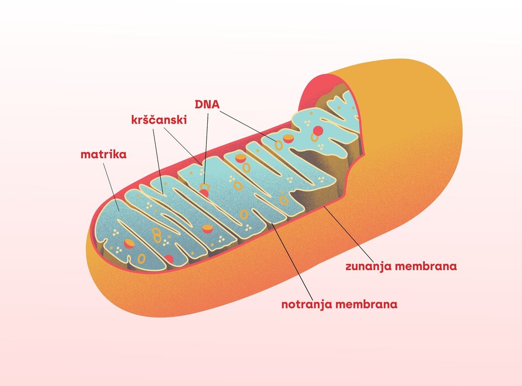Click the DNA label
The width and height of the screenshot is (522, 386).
(207, 104)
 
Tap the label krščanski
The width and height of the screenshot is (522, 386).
(159, 120)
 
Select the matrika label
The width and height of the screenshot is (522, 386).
(103, 154)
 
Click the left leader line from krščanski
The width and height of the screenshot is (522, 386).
(157, 160)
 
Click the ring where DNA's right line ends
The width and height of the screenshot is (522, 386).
(279, 145)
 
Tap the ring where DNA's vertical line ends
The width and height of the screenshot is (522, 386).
(204, 187)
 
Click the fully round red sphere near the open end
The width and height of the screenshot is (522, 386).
(318, 131)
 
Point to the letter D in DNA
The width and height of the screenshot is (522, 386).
(199, 104)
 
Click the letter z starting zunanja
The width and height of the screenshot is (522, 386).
(349, 267)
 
